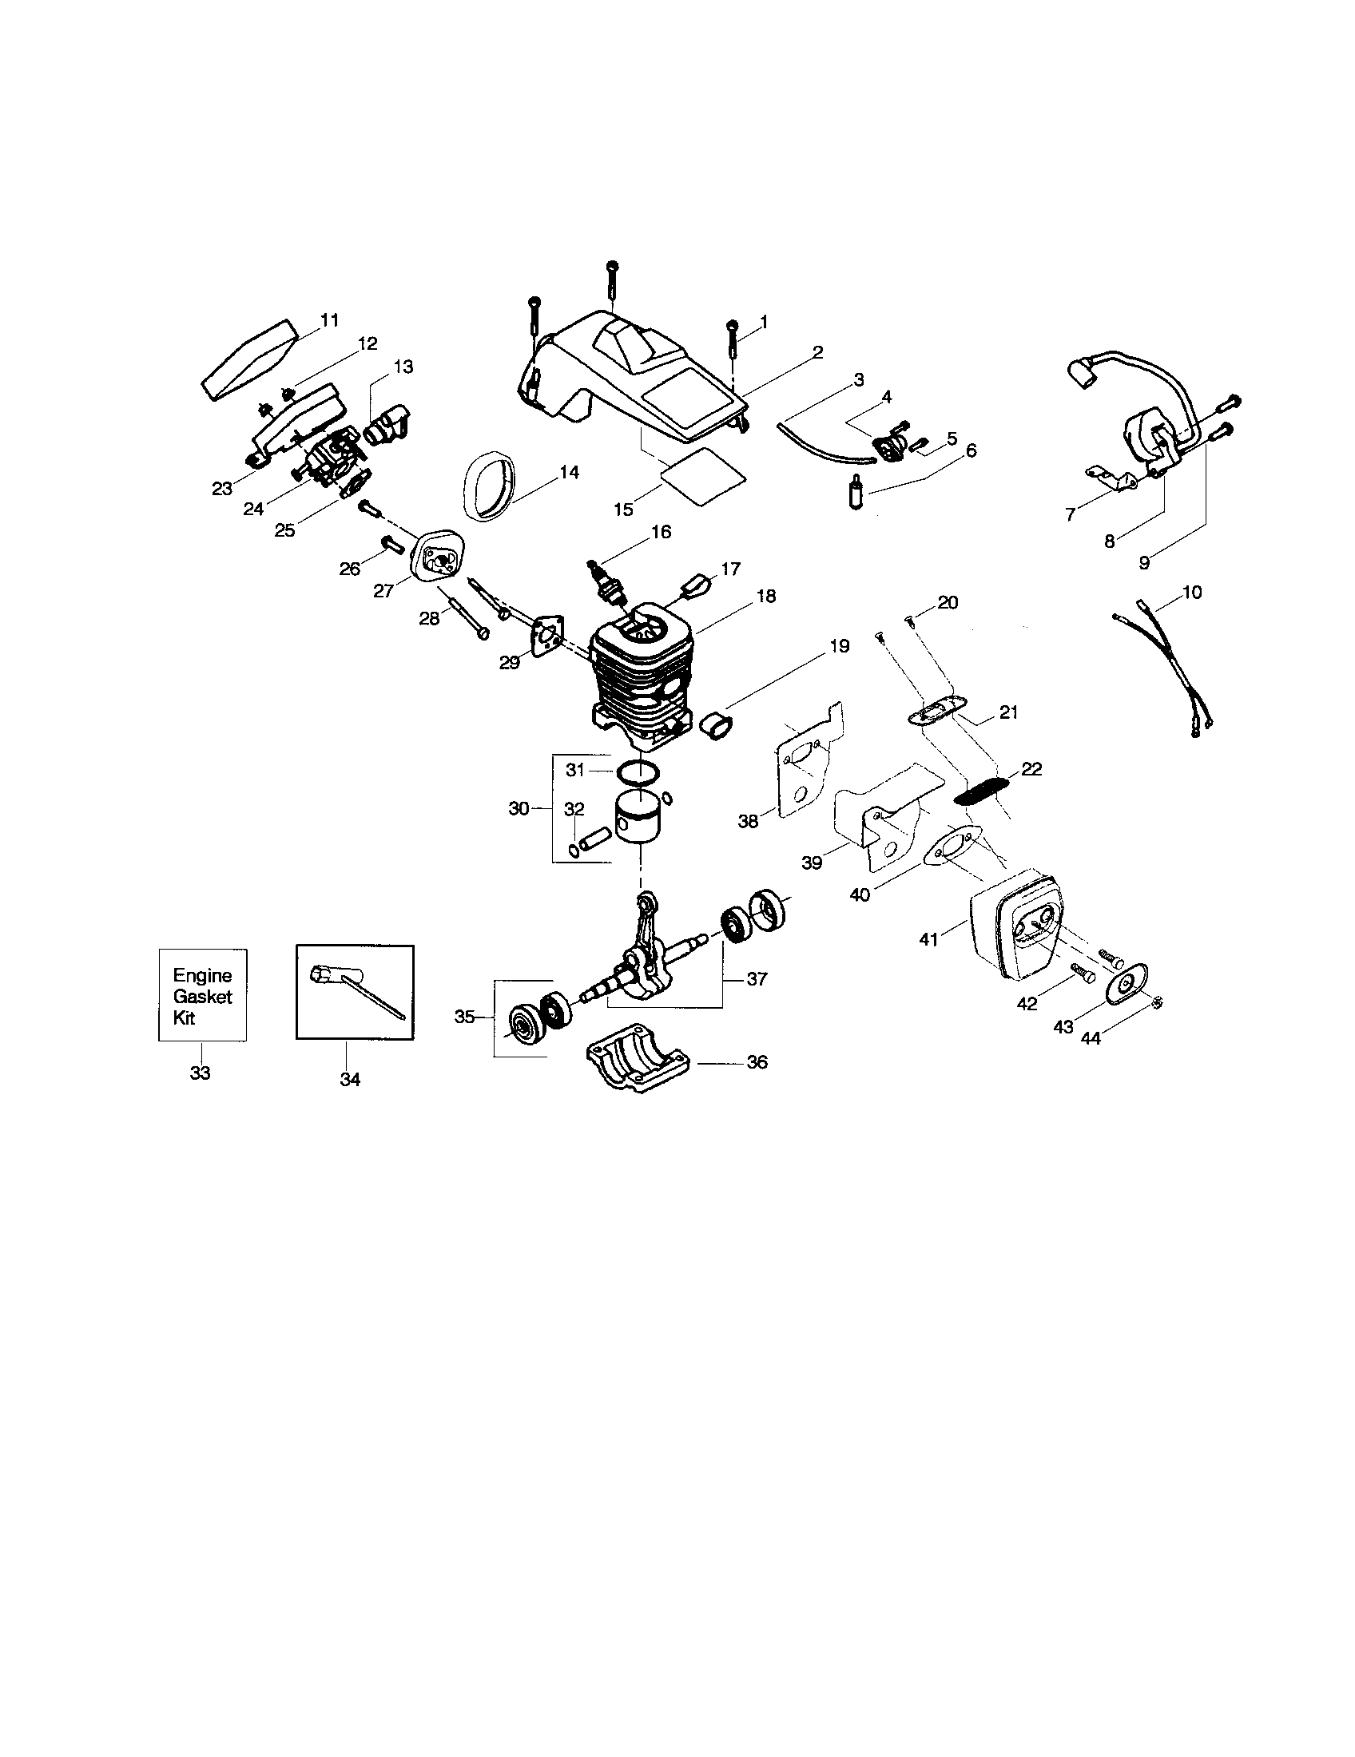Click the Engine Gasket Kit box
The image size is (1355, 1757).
tap(202, 995)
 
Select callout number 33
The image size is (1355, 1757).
tap(200, 1073)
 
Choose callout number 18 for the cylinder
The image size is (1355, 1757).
tap(765, 596)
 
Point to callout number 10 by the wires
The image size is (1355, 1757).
tap(1192, 592)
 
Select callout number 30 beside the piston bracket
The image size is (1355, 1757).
tap(519, 808)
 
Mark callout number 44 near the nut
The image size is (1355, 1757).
tap(1091, 1037)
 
